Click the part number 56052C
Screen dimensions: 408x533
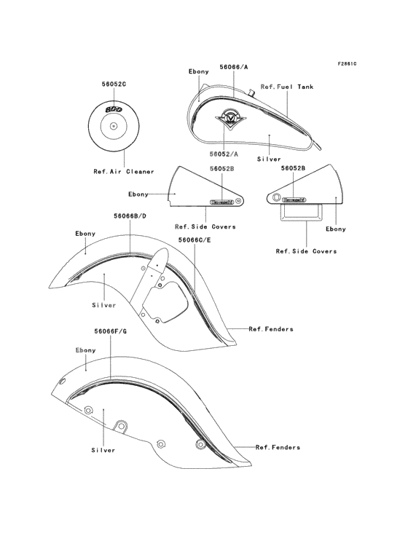coord(114,84)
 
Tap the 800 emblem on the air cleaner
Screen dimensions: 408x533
coord(114,109)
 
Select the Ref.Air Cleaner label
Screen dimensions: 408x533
coord(124,172)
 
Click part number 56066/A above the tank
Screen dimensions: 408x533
coord(234,67)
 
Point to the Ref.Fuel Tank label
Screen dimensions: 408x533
coord(287,87)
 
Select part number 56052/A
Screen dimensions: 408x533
coord(224,154)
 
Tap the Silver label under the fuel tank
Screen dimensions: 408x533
coord(269,159)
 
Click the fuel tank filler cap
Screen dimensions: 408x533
coord(252,92)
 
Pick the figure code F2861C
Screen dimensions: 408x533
coord(347,63)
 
